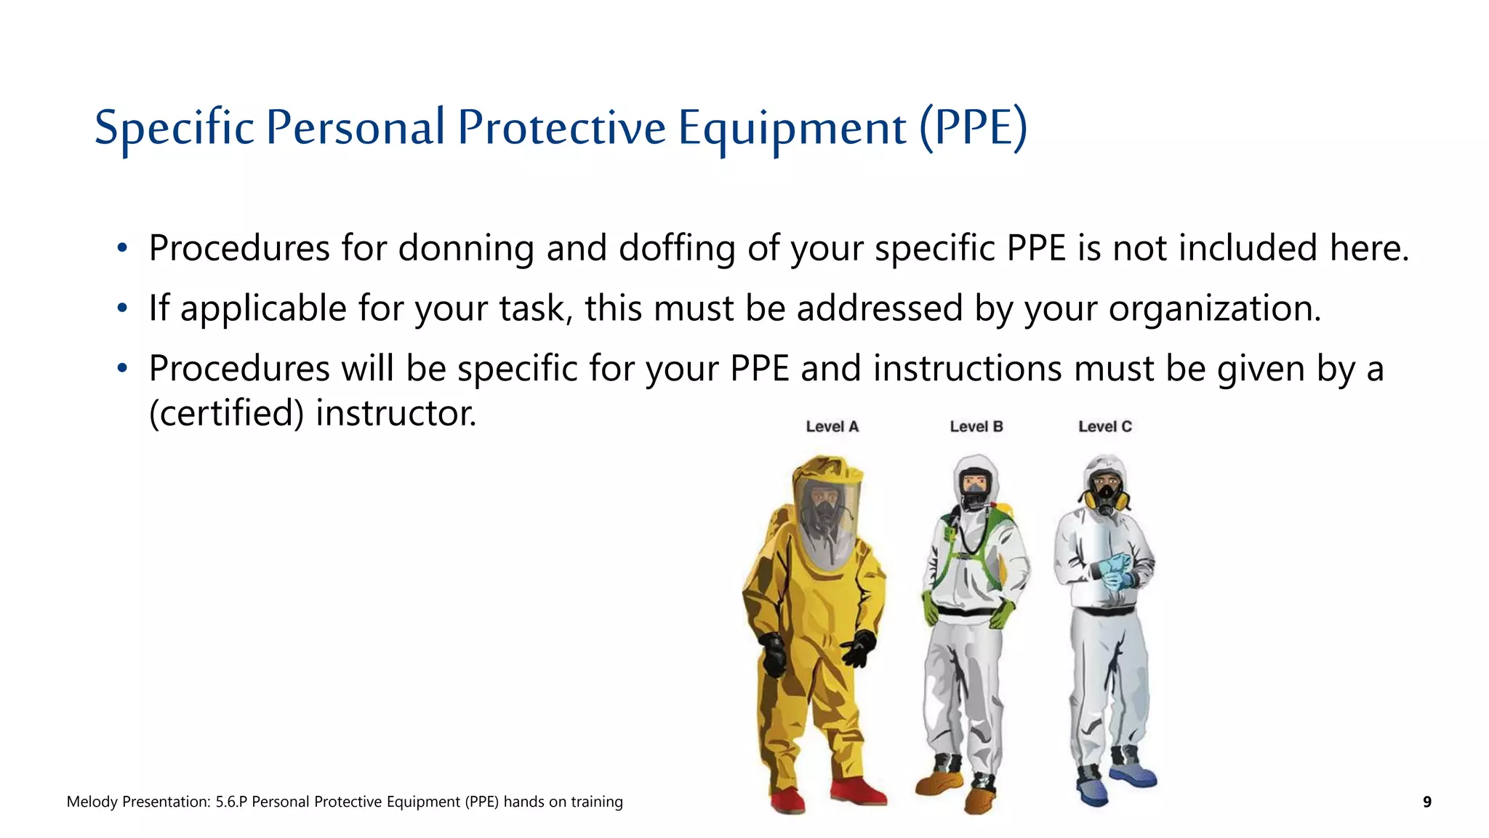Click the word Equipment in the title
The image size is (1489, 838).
point(792,129)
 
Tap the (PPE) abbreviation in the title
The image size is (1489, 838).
point(974,129)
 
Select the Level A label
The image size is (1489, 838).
point(832,427)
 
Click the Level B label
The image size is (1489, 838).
point(976,427)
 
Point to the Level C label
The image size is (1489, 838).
point(1104,427)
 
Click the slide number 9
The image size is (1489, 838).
point(1426,802)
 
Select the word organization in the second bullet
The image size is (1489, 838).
point(1214,309)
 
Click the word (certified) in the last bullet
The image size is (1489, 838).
point(226,413)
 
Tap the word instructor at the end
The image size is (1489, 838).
point(396,413)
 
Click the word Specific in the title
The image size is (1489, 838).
point(174,129)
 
